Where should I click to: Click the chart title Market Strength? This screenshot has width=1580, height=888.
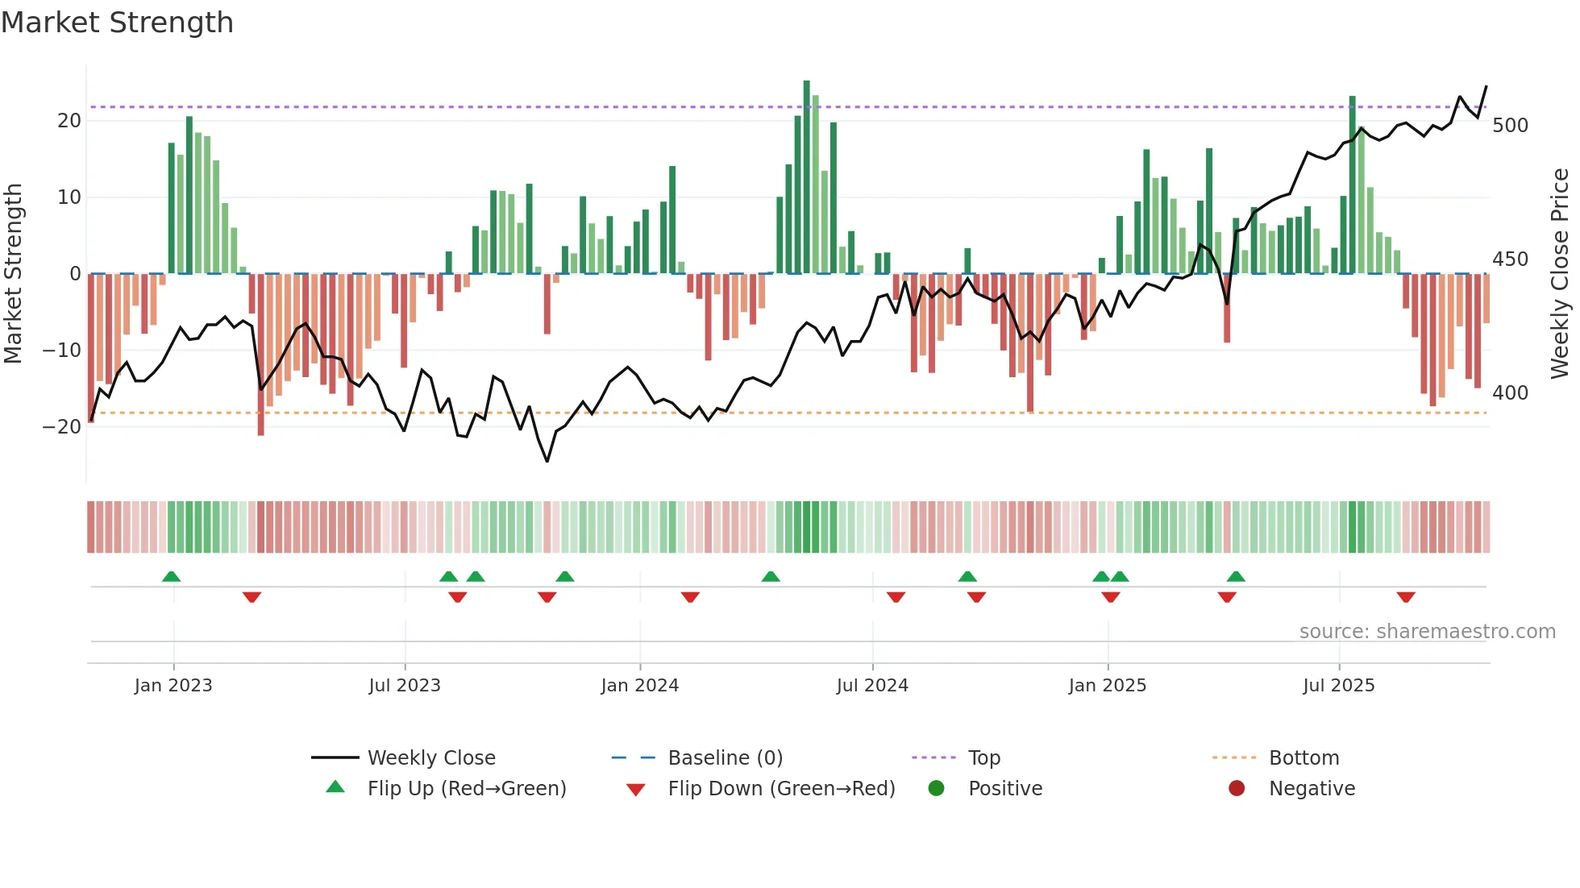pyautogui.click(x=118, y=23)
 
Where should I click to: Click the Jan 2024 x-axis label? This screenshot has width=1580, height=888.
pyautogui.click(x=639, y=686)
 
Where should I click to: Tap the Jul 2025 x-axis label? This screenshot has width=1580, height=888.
pyautogui.click(x=1338, y=686)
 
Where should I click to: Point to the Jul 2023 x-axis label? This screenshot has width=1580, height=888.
pyautogui.click(x=405, y=686)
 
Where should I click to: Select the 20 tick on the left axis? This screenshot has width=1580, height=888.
pyautogui.click(x=69, y=121)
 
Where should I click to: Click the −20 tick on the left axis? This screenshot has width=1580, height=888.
pyautogui.click(x=63, y=427)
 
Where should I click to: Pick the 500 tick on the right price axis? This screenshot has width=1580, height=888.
pyautogui.click(x=1510, y=126)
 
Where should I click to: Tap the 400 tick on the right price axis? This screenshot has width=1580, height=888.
pyautogui.click(x=1510, y=393)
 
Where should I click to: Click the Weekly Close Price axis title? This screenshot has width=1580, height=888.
pyautogui.click(x=1560, y=274)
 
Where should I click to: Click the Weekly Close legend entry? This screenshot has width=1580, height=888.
pyautogui.click(x=431, y=758)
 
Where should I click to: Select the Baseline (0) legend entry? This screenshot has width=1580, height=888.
pyautogui.click(x=725, y=758)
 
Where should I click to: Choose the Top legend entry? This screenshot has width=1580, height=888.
pyautogui.click(x=983, y=758)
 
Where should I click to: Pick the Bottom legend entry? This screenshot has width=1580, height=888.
pyautogui.click(x=1303, y=758)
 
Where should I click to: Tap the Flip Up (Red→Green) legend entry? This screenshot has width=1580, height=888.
pyautogui.click(x=466, y=789)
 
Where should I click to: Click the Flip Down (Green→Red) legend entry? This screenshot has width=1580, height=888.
pyautogui.click(x=781, y=789)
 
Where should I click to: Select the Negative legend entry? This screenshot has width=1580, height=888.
pyautogui.click(x=1312, y=789)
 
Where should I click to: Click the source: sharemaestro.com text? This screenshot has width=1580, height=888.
pyautogui.click(x=1427, y=632)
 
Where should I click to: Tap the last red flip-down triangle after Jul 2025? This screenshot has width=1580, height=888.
pyautogui.click(x=1406, y=597)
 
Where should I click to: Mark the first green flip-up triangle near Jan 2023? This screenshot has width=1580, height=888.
pyautogui.click(x=171, y=576)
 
